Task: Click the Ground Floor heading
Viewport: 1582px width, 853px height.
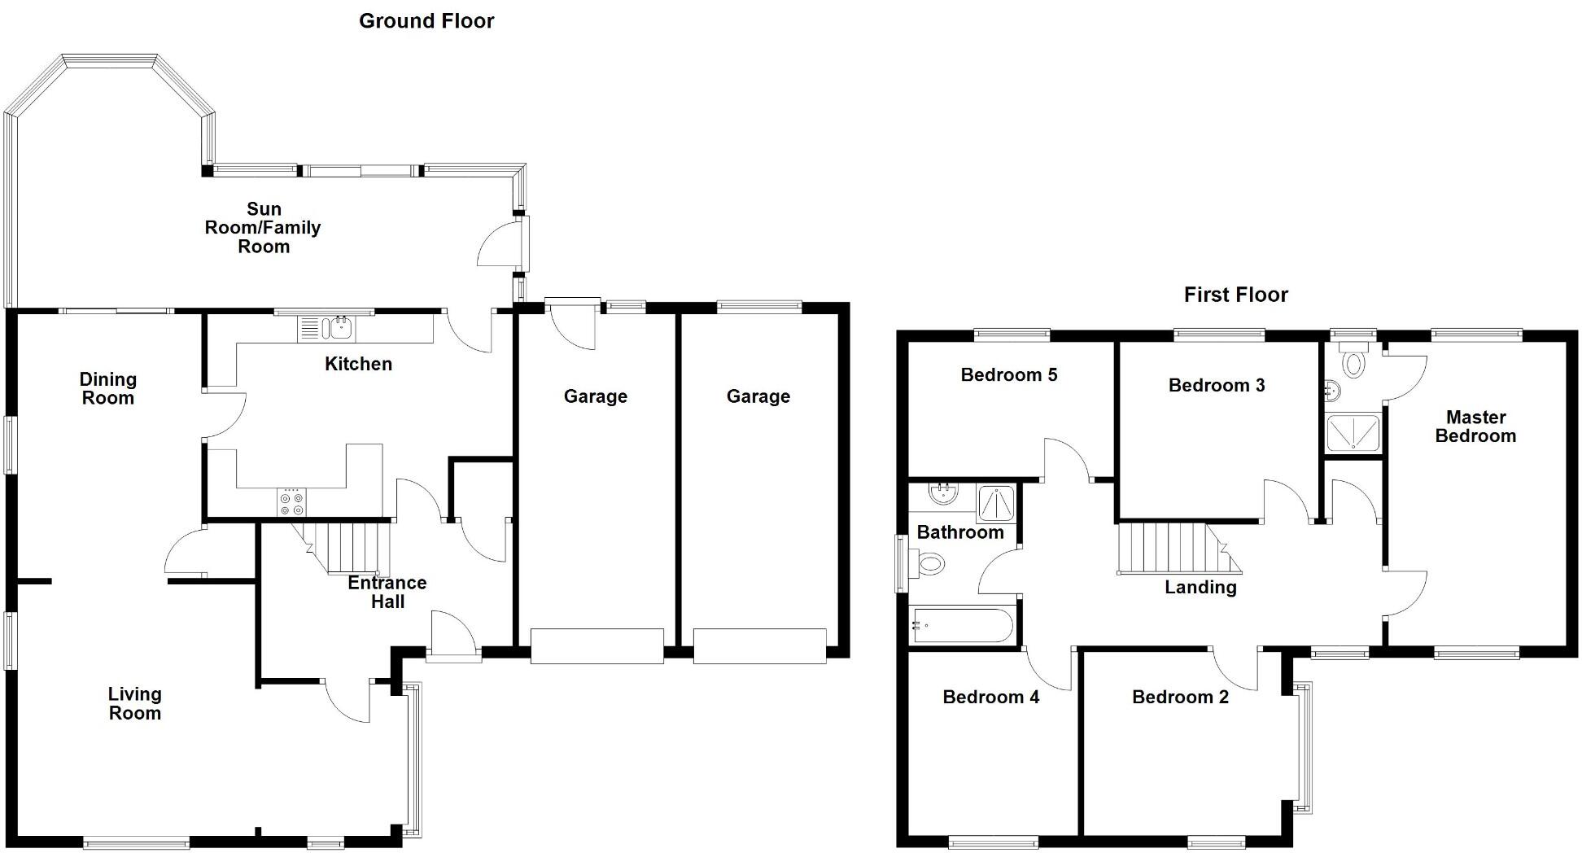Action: [x=426, y=21]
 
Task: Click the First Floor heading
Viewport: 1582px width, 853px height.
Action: [x=1235, y=295]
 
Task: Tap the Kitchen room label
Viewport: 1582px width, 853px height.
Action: [x=358, y=364]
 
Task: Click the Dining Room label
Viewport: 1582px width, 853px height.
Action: [x=107, y=388]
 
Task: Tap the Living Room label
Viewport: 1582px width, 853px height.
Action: [x=135, y=703]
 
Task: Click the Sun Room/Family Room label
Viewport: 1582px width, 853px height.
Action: [x=263, y=228]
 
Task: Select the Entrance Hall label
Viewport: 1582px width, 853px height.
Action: [x=387, y=592]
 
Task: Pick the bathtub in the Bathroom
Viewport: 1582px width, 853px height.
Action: [x=963, y=626]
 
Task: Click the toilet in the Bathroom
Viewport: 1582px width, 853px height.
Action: [x=929, y=562]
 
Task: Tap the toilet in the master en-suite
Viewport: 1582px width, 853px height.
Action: [x=1353, y=361]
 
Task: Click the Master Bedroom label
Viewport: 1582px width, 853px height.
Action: [x=1475, y=426]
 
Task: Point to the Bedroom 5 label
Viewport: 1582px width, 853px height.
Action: [x=1009, y=375]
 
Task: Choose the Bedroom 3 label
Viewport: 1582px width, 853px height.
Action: [x=1217, y=386]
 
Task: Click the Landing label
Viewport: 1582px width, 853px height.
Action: [x=1200, y=588]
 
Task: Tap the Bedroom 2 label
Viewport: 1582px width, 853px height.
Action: [x=1180, y=698]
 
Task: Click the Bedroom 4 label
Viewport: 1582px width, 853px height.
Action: [x=990, y=698]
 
